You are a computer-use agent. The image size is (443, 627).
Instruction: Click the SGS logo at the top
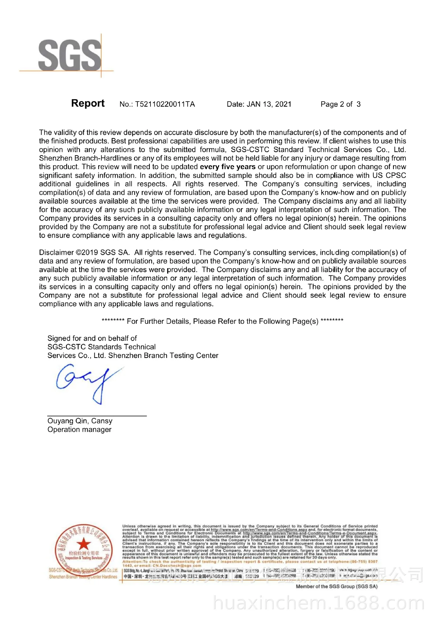69,55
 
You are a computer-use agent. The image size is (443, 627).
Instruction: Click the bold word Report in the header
87,103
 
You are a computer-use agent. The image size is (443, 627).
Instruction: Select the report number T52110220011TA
165,104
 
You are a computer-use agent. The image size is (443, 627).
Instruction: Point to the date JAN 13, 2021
269,104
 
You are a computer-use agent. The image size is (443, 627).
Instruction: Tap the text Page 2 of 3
340,104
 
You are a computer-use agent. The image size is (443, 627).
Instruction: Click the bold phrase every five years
228,167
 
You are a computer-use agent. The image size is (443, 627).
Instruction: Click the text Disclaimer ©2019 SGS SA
84,252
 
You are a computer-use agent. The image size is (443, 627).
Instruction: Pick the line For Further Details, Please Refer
222,321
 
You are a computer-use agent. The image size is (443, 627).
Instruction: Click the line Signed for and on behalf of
92,338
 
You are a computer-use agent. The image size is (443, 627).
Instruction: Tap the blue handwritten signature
88,384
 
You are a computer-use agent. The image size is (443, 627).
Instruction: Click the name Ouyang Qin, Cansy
80,421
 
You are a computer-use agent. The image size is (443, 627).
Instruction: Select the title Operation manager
79,429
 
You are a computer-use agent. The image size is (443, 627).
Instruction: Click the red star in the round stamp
84,544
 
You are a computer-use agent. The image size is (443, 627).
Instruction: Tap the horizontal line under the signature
97,416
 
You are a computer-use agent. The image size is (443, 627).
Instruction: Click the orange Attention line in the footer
250,562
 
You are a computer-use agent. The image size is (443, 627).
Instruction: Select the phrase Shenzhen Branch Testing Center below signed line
163,355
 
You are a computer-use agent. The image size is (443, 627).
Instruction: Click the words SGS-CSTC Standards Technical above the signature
102,347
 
